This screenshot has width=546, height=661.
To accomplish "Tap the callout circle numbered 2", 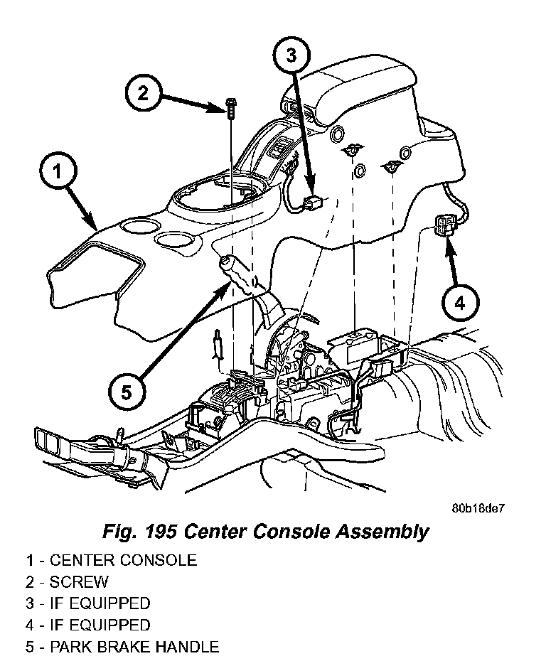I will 144,94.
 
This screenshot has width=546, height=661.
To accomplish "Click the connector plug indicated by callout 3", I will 312,204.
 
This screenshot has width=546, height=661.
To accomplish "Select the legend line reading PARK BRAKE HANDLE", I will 122,647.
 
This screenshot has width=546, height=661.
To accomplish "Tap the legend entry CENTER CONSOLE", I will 112,560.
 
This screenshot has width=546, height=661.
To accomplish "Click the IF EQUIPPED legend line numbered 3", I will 89,603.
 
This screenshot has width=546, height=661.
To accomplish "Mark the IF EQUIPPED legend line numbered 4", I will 89,625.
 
